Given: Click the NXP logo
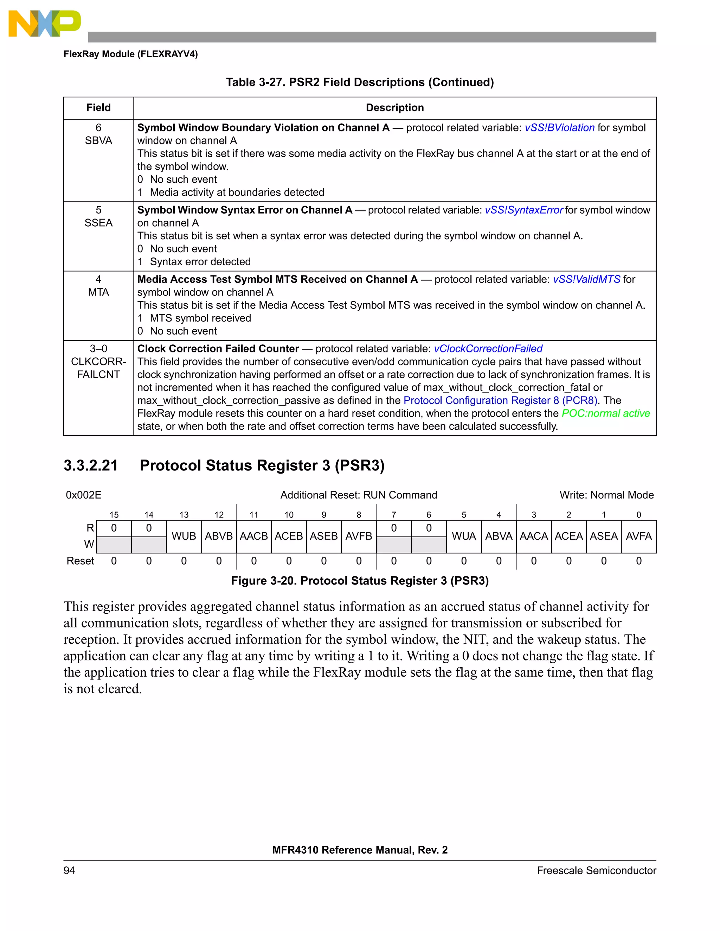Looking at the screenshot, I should coord(44,24).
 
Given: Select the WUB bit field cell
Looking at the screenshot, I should coord(184,536).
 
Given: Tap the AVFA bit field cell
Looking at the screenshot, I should coord(638,536).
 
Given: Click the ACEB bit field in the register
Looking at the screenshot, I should coord(289,536).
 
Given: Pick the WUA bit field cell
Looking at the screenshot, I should coord(464,536).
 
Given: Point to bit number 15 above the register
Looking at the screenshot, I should coord(114,515).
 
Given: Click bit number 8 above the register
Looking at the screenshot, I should coord(359,515).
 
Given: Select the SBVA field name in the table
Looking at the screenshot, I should coord(98,141).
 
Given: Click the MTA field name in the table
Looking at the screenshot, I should coord(98,292).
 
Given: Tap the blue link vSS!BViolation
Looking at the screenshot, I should coord(559,128).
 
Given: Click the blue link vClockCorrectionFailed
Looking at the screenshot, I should coord(488,349).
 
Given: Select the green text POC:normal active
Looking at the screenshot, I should coord(606,414).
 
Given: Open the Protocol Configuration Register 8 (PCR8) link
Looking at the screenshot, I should coord(500,401).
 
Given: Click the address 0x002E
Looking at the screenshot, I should coord(84,495).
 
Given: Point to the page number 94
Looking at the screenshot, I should coord(69,871).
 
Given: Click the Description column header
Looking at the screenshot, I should coord(394,108).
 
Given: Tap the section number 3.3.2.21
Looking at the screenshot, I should coord(91,466).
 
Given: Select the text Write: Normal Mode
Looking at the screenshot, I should coord(606,495).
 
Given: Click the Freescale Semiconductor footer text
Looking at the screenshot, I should coord(596,871).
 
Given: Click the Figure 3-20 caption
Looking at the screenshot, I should coord(360,581).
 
